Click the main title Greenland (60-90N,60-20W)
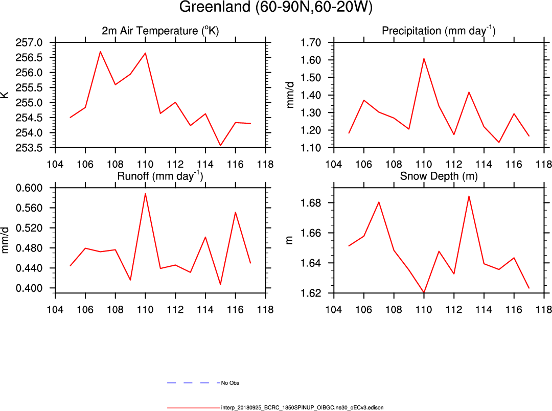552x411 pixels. coord(276,8)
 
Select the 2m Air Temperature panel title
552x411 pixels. coord(160,31)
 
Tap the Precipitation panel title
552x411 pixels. coord(439,31)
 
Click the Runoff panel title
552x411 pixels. coord(160,177)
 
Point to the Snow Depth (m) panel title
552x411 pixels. coord(439,177)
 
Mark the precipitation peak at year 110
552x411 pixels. coord(424,58)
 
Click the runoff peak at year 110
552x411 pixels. coord(145,193)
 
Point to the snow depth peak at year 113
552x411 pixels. coord(469,196)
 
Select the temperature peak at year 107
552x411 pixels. coord(100,51)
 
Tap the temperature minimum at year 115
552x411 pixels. coord(220,146)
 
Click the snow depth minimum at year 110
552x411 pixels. coord(424,292)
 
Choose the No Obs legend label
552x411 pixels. coord(229,382)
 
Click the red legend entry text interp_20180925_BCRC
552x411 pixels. coord(302,407)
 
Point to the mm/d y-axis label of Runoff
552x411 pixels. coord(6,240)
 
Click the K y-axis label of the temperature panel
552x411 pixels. coord(6,95)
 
